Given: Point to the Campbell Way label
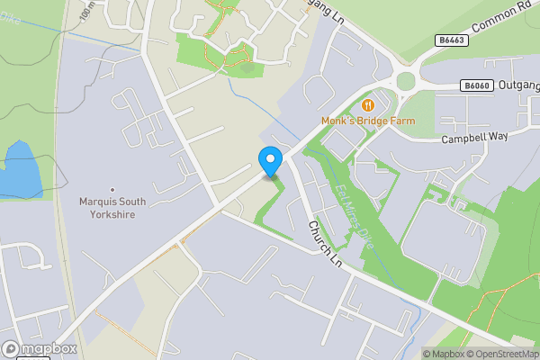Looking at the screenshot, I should (474, 138).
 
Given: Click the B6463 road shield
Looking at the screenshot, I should (454, 40).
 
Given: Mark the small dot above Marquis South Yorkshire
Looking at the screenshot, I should (112, 189).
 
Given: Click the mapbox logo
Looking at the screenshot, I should (40, 348).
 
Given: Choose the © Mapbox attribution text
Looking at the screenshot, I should (443, 354).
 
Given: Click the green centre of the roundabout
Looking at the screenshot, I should (406, 81).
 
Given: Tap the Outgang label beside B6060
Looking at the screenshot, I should (517, 85).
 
